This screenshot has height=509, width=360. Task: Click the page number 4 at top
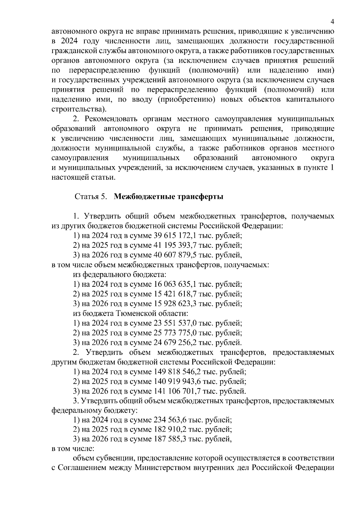(x=332, y=21)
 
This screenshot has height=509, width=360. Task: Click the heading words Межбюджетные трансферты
(x=169, y=197)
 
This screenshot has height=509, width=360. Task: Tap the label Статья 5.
(x=91, y=197)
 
